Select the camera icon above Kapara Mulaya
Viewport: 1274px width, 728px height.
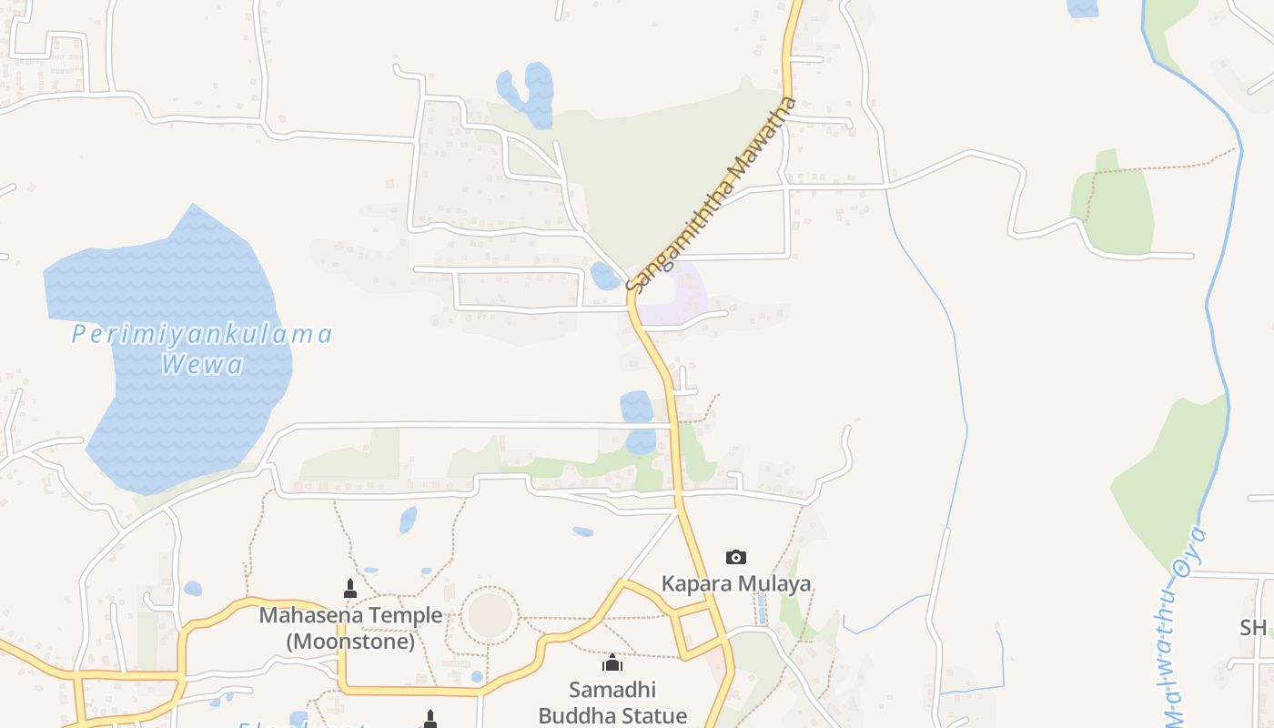[736, 557]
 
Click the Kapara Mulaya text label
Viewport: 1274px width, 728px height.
[736, 583]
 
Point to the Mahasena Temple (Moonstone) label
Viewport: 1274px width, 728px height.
[350, 628]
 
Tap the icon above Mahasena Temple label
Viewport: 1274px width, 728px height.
[350, 589]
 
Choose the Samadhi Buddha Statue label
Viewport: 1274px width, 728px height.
[612, 703]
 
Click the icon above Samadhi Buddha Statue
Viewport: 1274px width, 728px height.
[612, 662]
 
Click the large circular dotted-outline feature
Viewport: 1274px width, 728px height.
[490, 614]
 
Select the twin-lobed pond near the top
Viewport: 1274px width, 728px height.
[528, 93]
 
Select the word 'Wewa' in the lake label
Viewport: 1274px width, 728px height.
[202, 366]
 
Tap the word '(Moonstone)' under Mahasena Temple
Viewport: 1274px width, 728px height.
[350, 641]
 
